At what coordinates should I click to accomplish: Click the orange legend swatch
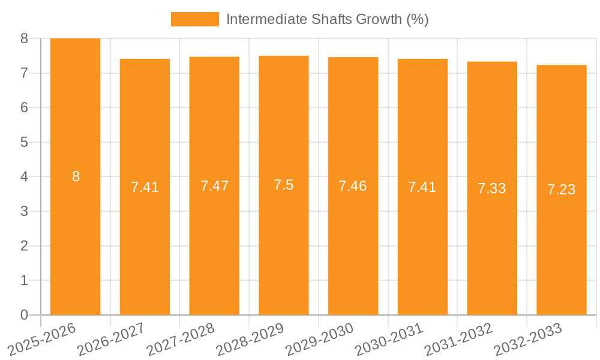(x=194, y=19)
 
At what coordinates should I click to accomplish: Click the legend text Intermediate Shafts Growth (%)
(x=327, y=19)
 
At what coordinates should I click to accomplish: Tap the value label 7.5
(x=283, y=185)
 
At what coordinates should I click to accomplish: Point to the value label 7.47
(x=214, y=186)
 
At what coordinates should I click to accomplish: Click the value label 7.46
(x=353, y=186)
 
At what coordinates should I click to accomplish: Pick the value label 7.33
(x=492, y=188)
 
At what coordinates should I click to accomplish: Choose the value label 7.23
(x=562, y=190)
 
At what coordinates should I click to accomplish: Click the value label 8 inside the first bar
(x=76, y=176)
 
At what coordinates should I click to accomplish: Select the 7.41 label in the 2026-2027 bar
(x=145, y=187)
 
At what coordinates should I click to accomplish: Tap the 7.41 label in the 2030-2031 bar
(x=422, y=187)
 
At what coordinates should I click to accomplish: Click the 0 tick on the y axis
(x=24, y=315)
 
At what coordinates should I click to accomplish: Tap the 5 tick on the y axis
(x=24, y=142)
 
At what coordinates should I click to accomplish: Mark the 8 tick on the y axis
(x=24, y=38)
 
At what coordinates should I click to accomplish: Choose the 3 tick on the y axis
(x=24, y=211)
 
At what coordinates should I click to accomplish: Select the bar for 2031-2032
(x=492, y=252)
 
